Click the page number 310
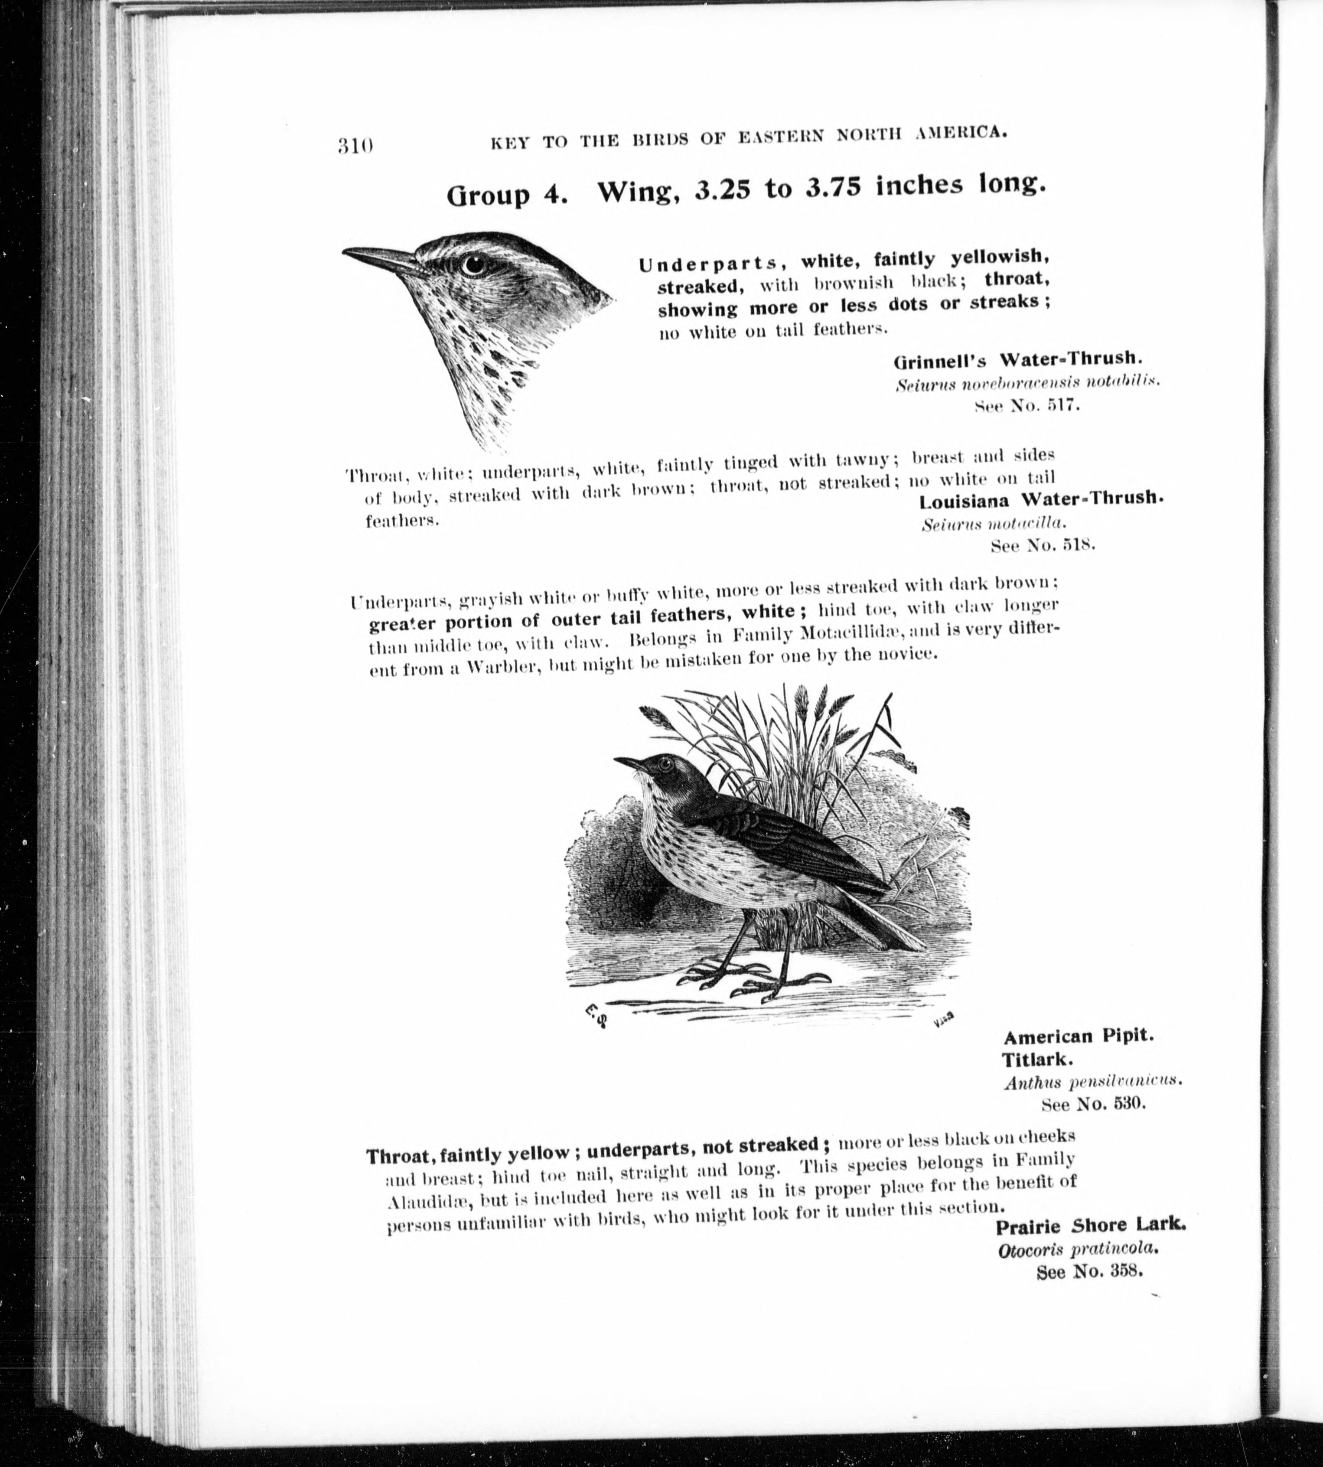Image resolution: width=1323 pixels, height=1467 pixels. (355, 146)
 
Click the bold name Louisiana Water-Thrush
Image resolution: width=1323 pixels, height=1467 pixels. (1040, 500)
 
